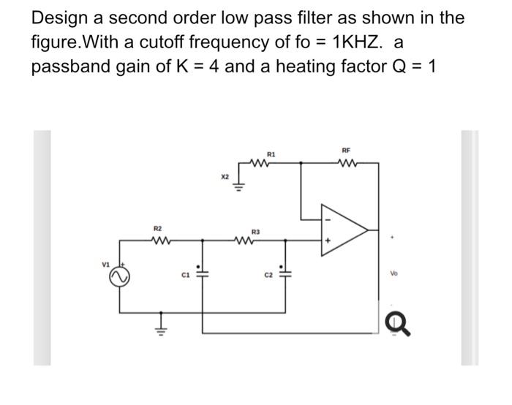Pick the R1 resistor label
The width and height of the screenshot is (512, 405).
coord(271,154)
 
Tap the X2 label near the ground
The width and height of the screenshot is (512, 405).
coord(225,177)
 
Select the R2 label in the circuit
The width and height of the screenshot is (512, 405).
coord(157,228)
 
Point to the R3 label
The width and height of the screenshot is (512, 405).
coord(255,231)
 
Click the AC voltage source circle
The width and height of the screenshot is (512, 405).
coord(119,278)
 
